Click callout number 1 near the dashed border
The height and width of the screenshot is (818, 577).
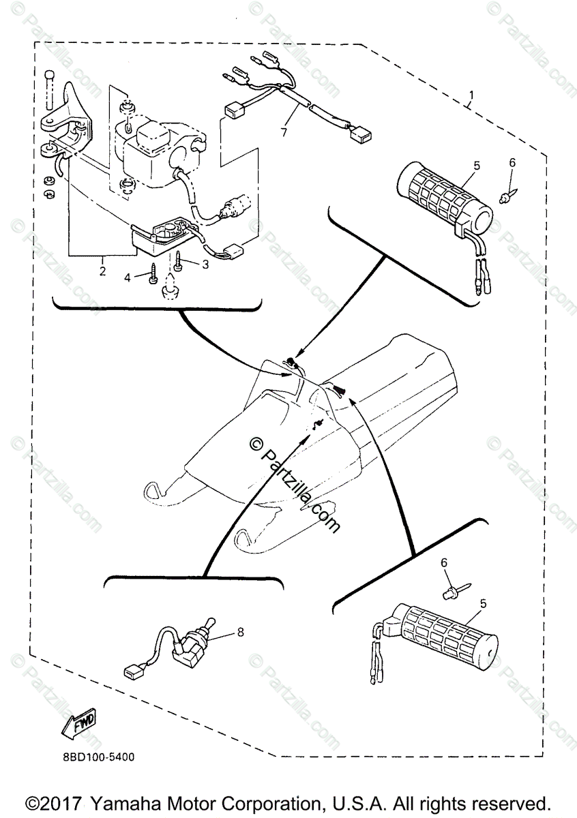coord(472,93)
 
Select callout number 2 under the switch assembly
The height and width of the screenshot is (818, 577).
coord(103,270)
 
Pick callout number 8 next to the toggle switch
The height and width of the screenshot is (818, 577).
coord(240,632)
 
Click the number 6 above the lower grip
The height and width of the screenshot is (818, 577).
coord(444,563)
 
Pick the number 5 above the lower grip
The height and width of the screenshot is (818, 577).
coord(484,603)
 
